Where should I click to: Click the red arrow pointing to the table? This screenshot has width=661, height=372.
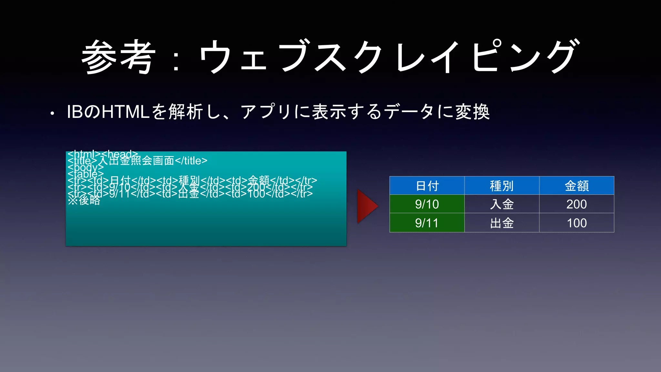(367, 206)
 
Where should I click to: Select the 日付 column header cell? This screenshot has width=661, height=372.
(427, 186)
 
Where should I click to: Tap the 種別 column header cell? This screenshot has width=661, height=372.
(502, 186)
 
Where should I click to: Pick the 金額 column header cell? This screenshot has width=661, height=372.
(576, 186)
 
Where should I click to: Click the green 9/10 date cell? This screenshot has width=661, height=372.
(427, 204)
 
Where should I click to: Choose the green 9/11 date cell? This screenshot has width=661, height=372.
(427, 223)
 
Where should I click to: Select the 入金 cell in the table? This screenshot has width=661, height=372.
(502, 204)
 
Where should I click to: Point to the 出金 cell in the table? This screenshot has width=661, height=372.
(502, 223)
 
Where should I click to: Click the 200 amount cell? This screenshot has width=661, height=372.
(576, 204)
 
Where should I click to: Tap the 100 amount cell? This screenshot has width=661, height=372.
(576, 223)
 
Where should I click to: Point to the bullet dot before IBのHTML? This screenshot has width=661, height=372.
(52, 114)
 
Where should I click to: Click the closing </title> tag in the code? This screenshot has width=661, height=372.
(191, 160)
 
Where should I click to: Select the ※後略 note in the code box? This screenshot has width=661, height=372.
(84, 201)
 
